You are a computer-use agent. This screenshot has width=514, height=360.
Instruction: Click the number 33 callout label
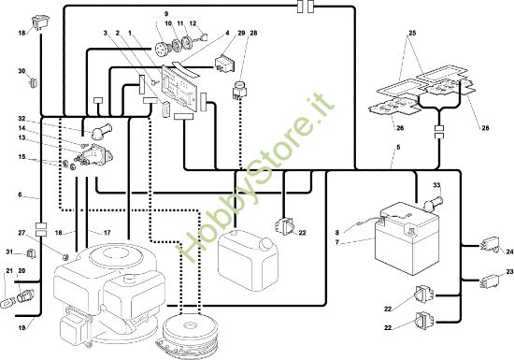pyautogui.click(x=436, y=185)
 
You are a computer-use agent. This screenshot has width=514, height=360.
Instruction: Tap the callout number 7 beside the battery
pyautogui.click(x=336, y=242)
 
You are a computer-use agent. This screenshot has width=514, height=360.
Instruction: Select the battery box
pyautogui.click(x=407, y=238)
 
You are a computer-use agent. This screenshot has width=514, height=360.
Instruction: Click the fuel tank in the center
pyautogui.click(x=248, y=260)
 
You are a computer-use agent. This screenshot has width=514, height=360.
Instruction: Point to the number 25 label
pyautogui.click(x=412, y=33)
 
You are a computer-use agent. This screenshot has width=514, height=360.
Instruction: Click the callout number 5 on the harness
pyautogui.click(x=398, y=147)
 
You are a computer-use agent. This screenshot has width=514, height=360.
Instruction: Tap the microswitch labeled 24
pyautogui.click(x=491, y=245)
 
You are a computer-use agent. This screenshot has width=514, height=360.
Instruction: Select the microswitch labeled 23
pyautogui.click(x=490, y=281)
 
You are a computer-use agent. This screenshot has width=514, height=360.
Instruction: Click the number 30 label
pyautogui.click(x=21, y=71)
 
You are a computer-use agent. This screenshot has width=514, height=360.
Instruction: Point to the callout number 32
pyautogui.click(x=21, y=119)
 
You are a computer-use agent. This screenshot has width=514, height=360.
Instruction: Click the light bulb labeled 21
pyautogui.click(x=7, y=302)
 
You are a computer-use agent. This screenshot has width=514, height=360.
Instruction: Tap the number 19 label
pyautogui.click(x=21, y=327)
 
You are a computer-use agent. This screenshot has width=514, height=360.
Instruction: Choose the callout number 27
pyautogui.click(x=21, y=233)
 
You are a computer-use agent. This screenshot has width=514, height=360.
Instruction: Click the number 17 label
pyautogui.click(x=107, y=233)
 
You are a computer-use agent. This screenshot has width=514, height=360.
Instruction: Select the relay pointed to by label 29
pyautogui.click(x=225, y=64)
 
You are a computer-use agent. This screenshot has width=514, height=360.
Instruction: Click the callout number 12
pyautogui.click(x=193, y=23)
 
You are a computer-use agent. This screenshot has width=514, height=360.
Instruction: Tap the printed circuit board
pyautogui.click(x=179, y=88)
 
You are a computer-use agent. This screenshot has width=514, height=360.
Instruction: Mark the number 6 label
pyautogui.click(x=20, y=194)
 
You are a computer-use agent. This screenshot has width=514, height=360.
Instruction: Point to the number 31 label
pyautogui.click(x=10, y=252)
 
